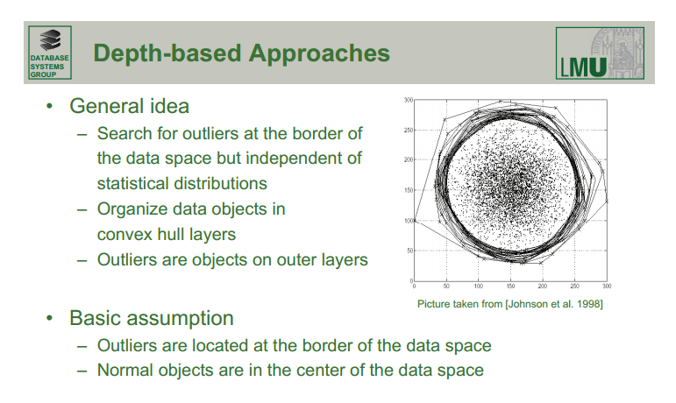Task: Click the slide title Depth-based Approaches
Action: click(x=241, y=53)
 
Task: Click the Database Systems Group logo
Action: click(x=49, y=53)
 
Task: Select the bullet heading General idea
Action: click(x=129, y=106)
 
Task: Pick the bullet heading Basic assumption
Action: click(x=151, y=317)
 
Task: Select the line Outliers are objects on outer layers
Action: click(x=232, y=259)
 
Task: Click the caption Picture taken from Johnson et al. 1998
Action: click(x=509, y=304)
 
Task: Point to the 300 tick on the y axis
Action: click(x=408, y=101)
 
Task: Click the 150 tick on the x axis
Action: click(x=510, y=286)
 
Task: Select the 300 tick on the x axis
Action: click(x=607, y=286)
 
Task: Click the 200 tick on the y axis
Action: click(x=408, y=160)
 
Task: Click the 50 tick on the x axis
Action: click(x=445, y=286)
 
